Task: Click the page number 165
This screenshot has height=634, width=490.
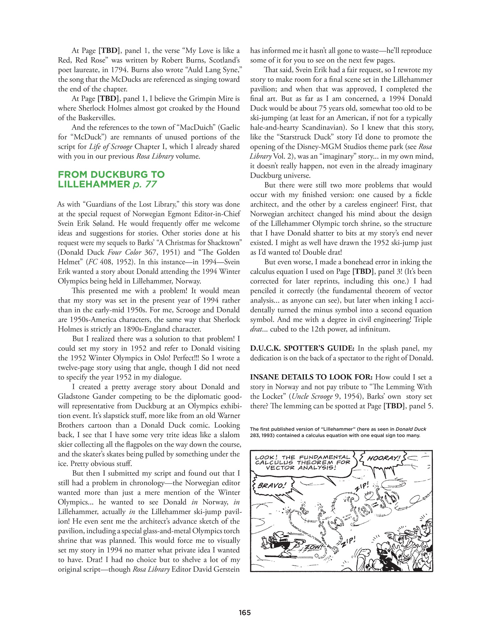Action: tap(244, 612)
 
